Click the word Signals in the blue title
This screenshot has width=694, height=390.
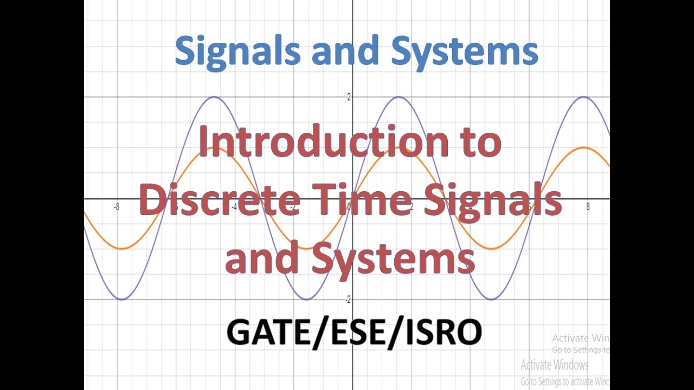pyautogui.click(x=238, y=51)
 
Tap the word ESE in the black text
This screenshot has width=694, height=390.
pyautogui.click(x=356, y=331)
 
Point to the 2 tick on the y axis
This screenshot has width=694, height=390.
pyautogui.click(x=349, y=97)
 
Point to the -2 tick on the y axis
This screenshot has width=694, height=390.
pyautogui.click(x=348, y=300)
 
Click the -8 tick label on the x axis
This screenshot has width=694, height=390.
pyautogui.click(x=117, y=207)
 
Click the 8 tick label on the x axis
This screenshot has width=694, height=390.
pyautogui.click(x=588, y=207)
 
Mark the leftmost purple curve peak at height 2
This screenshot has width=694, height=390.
pyautogui.click(x=215, y=97)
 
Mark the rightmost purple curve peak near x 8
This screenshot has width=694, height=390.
pyautogui.click(x=584, y=97)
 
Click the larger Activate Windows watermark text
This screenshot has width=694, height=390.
pyautogui.click(x=555, y=364)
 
